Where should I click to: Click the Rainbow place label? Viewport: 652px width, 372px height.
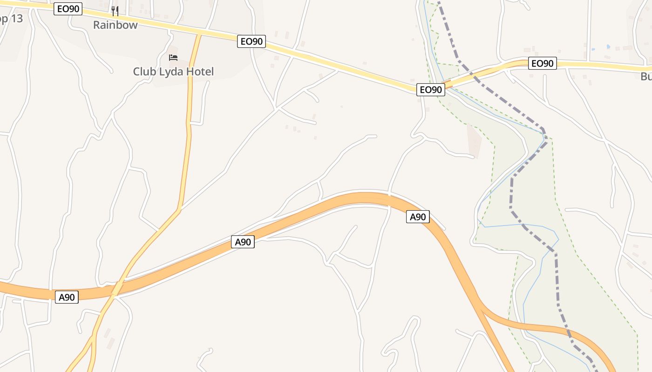(x=115, y=25)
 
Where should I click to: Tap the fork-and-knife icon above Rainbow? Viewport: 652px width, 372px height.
(x=115, y=10)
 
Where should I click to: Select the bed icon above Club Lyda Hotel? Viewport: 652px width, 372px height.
(x=173, y=58)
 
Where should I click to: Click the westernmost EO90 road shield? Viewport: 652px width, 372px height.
(x=68, y=9)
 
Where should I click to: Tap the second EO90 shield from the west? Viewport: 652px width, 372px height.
(x=251, y=41)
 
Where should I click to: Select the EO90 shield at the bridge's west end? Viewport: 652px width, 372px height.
(x=430, y=90)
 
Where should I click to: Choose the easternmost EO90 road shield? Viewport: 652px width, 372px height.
(x=543, y=63)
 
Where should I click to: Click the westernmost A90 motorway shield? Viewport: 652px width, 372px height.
(x=67, y=297)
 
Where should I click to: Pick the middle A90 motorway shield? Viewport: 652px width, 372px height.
(x=243, y=242)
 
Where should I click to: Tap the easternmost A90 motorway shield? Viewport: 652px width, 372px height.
(x=418, y=217)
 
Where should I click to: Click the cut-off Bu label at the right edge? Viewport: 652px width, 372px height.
(x=646, y=76)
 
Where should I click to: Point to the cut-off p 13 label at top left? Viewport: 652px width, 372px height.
(x=10, y=19)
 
